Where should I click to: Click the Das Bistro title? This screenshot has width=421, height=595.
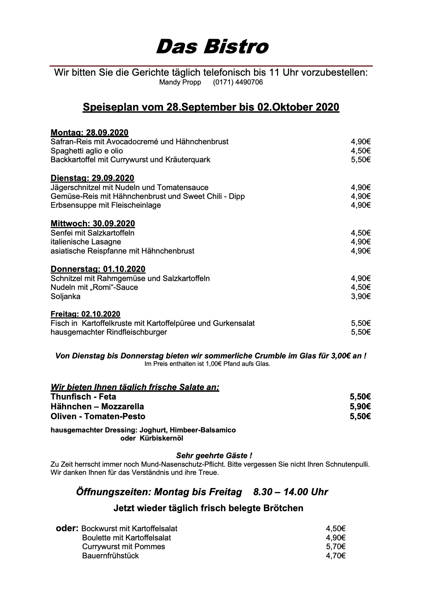click(x=212, y=47)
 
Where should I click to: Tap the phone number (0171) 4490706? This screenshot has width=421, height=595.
click(x=238, y=82)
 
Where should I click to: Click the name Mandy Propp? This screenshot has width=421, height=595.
click(x=180, y=82)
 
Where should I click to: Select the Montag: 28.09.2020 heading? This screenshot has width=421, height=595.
click(x=89, y=133)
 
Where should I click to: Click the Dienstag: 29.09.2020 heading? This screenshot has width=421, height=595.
click(x=92, y=178)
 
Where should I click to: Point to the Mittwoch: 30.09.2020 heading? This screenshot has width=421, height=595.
click(x=93, y=224)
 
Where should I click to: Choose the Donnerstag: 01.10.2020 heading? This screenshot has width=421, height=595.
click(x=98, y=269)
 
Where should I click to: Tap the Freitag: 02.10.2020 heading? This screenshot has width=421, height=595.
click(x=85, y=314)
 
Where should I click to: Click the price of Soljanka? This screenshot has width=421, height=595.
click(x=361, y=297)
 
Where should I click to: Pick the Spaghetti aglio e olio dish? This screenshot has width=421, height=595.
click(x=87, y=151)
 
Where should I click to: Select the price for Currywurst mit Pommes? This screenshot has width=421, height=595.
click(x=335, y=546)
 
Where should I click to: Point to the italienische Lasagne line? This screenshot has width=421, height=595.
click(x=86, y=242)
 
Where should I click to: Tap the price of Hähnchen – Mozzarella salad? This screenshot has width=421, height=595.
click(x=360, y=407)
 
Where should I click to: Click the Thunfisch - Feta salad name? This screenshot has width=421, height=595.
click(x=83, y=397)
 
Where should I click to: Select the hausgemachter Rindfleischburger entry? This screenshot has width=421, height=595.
click(x=109, y=332)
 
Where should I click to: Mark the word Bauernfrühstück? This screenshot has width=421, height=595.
click(x=110, y=556)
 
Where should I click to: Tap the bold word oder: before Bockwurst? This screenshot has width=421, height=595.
click(x=67, y=528)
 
